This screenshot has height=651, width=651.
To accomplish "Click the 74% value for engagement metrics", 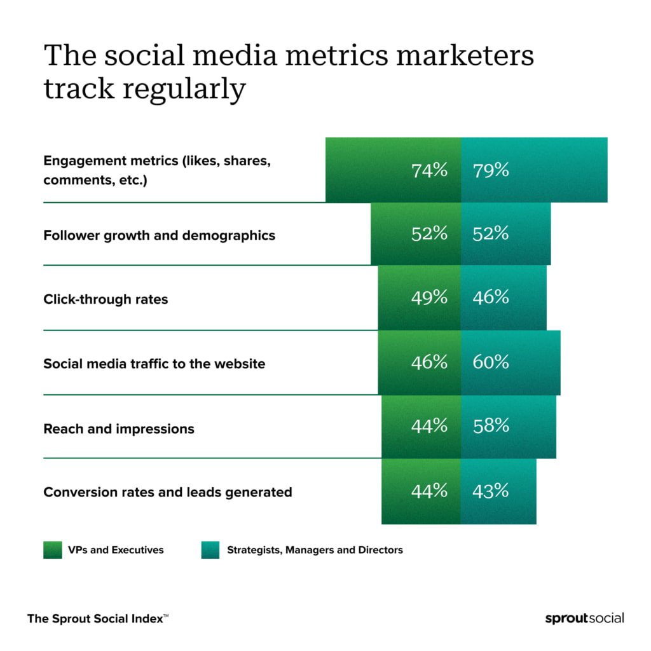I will pyautogui.click(x=429, y=170).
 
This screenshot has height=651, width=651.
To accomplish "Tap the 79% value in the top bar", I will pyautogui.click(x=491, y=170).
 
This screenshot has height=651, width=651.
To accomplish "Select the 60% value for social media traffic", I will pyautogui.click(x=491, y=362).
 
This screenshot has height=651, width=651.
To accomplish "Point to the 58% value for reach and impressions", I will pyautogui.click(x=491, y=426).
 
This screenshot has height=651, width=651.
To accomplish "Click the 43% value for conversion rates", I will pyautogui.click(x=491, y=491).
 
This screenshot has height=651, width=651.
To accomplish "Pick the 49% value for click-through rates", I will pyautogui.click(x=429, y=298).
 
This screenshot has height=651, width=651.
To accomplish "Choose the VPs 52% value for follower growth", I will pyautogui.click(x=429, y=234).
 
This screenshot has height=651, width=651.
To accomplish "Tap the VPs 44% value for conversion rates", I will pyautogui.click(x=429, y=491).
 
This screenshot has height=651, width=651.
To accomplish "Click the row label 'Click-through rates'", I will pyautogui.click(x=106, y=299).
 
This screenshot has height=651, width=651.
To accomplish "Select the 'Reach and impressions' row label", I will pyautogui.click(x=119, y=429).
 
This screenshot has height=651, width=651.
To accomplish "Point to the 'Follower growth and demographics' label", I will pyautogui.click(x=159, y=236).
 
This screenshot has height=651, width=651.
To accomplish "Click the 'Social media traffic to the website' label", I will pyautogui.click(x=154, y=364).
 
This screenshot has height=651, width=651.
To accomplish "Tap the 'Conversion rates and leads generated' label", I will pyautogui.click(x=167, y=493).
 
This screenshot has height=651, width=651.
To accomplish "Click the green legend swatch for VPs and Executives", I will pyautogui.click(x=52, y=550).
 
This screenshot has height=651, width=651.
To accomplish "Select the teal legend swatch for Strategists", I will pyautogui.click(x=210, y=550).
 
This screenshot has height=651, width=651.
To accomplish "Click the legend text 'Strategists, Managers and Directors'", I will pyautogui.click(x=315, y=550).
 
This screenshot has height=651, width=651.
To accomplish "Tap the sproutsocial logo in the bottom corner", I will pyautogui.click(x=584, y=618).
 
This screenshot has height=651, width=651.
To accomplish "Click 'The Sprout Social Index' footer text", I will pyautogui.click(x=97, y=618).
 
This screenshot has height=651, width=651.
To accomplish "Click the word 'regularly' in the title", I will pyautogui.click(x=184, y=89).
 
